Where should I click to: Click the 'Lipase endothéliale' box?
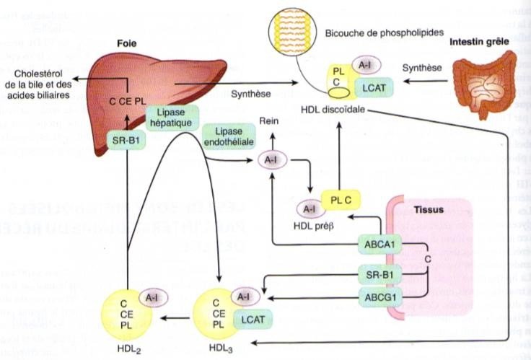(x=229, y=137)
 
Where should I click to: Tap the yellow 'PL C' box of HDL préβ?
(x=336, y=201)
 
